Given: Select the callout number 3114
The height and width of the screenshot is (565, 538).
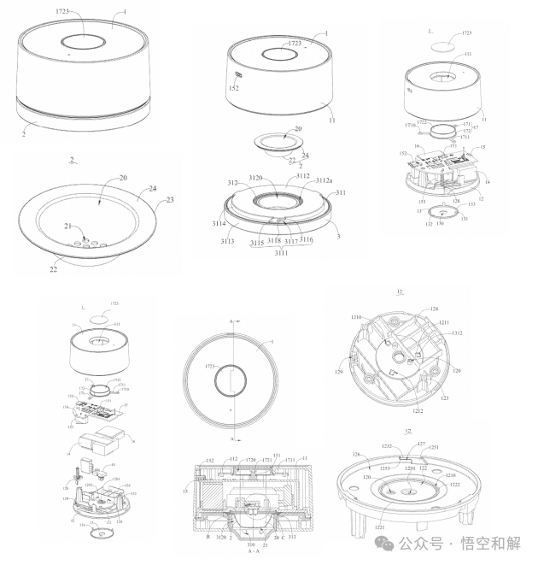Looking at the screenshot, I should pyautogui.click(x=221, y=223).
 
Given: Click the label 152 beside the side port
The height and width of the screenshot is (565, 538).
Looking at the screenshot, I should pyautogui.click(x=233, y=87).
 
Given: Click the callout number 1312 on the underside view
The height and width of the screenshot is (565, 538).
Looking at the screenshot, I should pyautogui.click(x=459, y=334).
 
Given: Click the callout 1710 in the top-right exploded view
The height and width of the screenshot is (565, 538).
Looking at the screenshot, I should pyautogui.click(x=411, y=125).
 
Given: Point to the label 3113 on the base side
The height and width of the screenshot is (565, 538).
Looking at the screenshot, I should pyautogui.click(x=228, y=241).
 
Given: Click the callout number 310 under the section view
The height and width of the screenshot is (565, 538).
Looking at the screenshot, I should pyautogui.click(x=251, y=544).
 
